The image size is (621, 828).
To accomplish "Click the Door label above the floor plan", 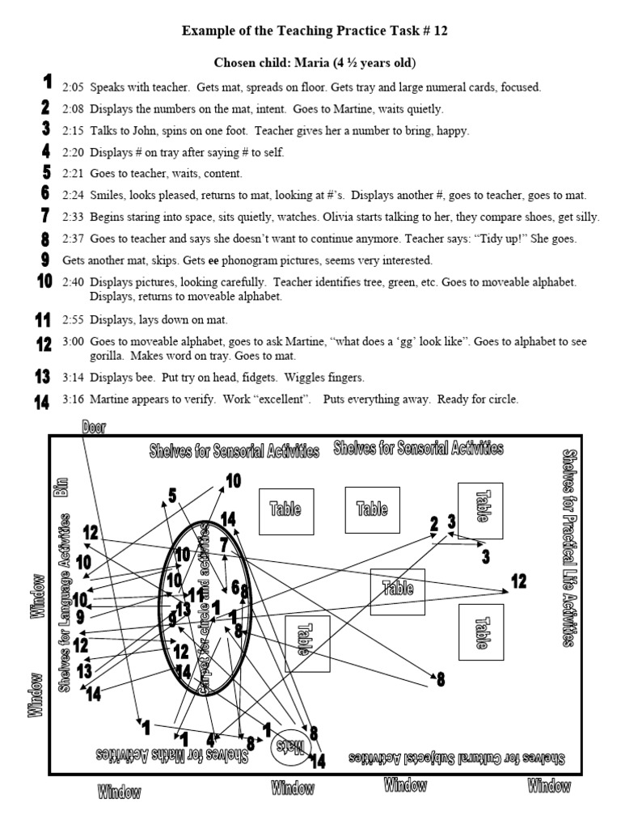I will click(x=93, y=426).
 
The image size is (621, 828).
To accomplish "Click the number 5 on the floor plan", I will click(x=172, y=495).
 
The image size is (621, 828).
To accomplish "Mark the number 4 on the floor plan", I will click(x=210, y=739).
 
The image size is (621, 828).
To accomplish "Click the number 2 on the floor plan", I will click(x=434, y=524).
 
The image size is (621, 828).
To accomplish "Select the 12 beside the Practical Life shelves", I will click(x=517, y=581).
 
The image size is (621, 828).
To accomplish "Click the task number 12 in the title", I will click(x=437, y=31).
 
